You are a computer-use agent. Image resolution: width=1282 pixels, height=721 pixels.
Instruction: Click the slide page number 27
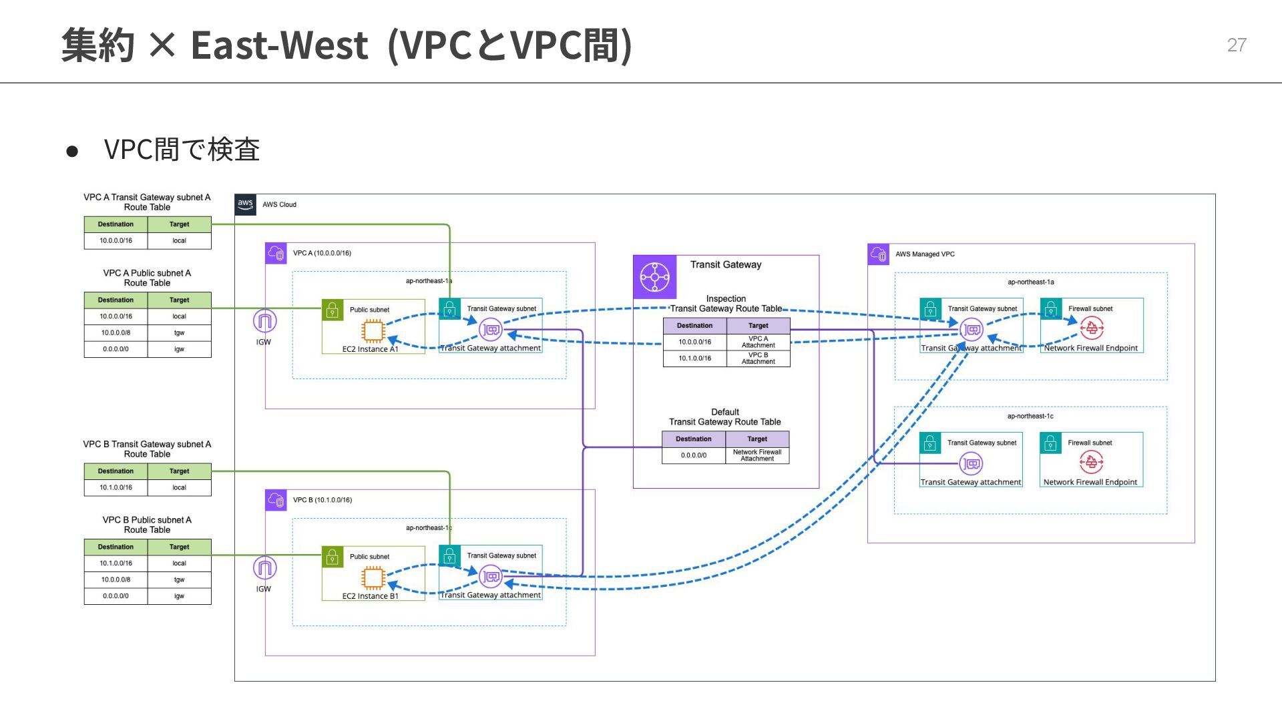pyautogui.click(x=1237, y=45)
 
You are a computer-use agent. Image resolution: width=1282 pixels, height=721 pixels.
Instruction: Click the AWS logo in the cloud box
pyautogui.click(x=246, y=204)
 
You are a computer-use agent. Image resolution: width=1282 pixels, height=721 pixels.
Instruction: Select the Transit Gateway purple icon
pyautogui.click(x=654, y=277)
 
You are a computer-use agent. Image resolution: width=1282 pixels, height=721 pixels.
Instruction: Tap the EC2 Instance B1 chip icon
pyautogui.click(x=373, y=578)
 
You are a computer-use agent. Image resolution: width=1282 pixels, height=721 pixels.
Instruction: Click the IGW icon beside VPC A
pyautogui.click(x=264, y=322)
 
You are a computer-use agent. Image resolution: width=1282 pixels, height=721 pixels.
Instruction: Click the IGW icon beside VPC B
pyautogui.click(x=264, y=569)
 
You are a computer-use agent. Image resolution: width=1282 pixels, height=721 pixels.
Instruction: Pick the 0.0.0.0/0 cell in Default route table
pyautogui.click(x=694, y=455)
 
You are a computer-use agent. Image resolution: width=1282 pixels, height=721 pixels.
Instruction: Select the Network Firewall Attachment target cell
pyautogui.click(x=757, y=455)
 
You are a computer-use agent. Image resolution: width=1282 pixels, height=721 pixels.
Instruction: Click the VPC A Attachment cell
pyautogui.click(x=758, y=342)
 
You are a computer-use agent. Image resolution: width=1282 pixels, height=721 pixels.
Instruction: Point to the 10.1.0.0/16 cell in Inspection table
pyautogui.click(x=694, y=358)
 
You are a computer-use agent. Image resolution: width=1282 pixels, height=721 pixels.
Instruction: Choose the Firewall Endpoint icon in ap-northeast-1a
pyautogui.click(x=1091, y=328)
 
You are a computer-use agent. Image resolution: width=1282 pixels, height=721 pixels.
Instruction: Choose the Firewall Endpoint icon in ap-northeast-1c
pyautogui.click(x=1090, y=462)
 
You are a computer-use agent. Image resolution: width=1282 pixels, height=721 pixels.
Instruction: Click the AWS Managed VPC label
pyautogui.click(x=925, y=254)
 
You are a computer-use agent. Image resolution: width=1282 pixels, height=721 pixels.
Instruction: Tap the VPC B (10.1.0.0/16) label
pyautogui.click(x=322, y=500)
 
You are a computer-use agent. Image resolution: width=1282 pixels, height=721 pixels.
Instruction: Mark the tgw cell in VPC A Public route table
pyautogui.click(x=179, y=332)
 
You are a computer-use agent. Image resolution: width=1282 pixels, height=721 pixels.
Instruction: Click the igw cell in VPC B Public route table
pyautogui.click(x=179, y=596)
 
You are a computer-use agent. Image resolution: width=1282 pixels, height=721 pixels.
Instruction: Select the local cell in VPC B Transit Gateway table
pyautogui.click(x=179, y=487)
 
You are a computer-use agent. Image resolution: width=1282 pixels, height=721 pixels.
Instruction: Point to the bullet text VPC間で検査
pyautogui.click(x=182, y=150)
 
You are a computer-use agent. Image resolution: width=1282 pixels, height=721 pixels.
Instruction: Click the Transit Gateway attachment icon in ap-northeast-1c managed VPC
pyautogui.click(x=971, y=463)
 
